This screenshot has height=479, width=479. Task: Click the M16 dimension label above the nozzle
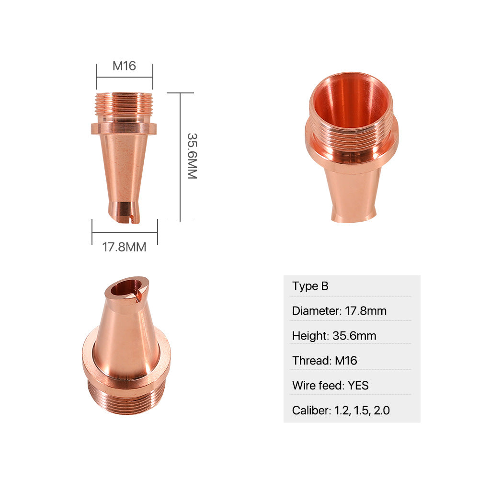pyautogui.click(x=124, y=66)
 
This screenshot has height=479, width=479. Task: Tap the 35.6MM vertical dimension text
pyautogui.click(x=192, y=156)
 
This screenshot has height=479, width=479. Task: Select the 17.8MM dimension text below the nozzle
pyautogui.click(x=124, y=247)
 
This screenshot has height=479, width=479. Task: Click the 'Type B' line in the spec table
pyautogui.click(x=310, y=286)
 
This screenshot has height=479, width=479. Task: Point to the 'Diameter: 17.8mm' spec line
pyautogui.click(x=339, y=311)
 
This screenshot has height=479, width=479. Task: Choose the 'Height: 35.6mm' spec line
pyautogui.click(x=334, y=336)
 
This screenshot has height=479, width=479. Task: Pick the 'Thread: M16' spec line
pyautogui.click(x=324, y=361)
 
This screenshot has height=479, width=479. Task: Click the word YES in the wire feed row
pyautogui.click(x=358, y=386)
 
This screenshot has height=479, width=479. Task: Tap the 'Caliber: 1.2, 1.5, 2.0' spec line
pyautogui.click(x=341, y=411)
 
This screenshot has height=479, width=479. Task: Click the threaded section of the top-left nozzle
pyautogui.click(x=124, y=104)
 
